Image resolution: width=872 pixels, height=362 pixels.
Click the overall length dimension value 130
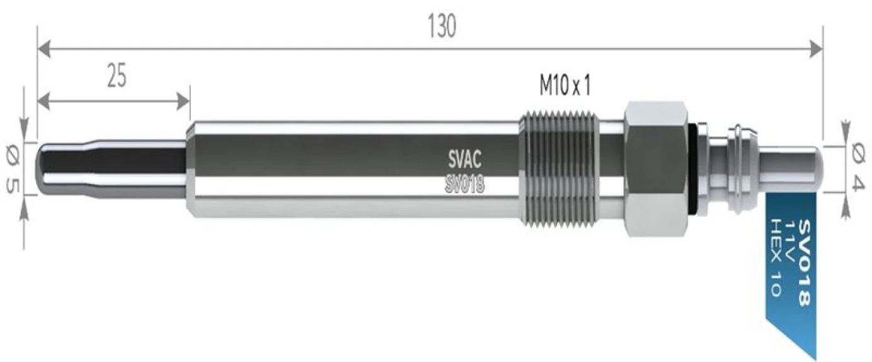click(441, 27)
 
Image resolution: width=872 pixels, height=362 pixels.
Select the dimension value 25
click(116, 76)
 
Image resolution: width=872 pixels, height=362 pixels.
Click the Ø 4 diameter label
click(859, 166)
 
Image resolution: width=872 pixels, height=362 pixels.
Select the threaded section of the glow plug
click(559, 169)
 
